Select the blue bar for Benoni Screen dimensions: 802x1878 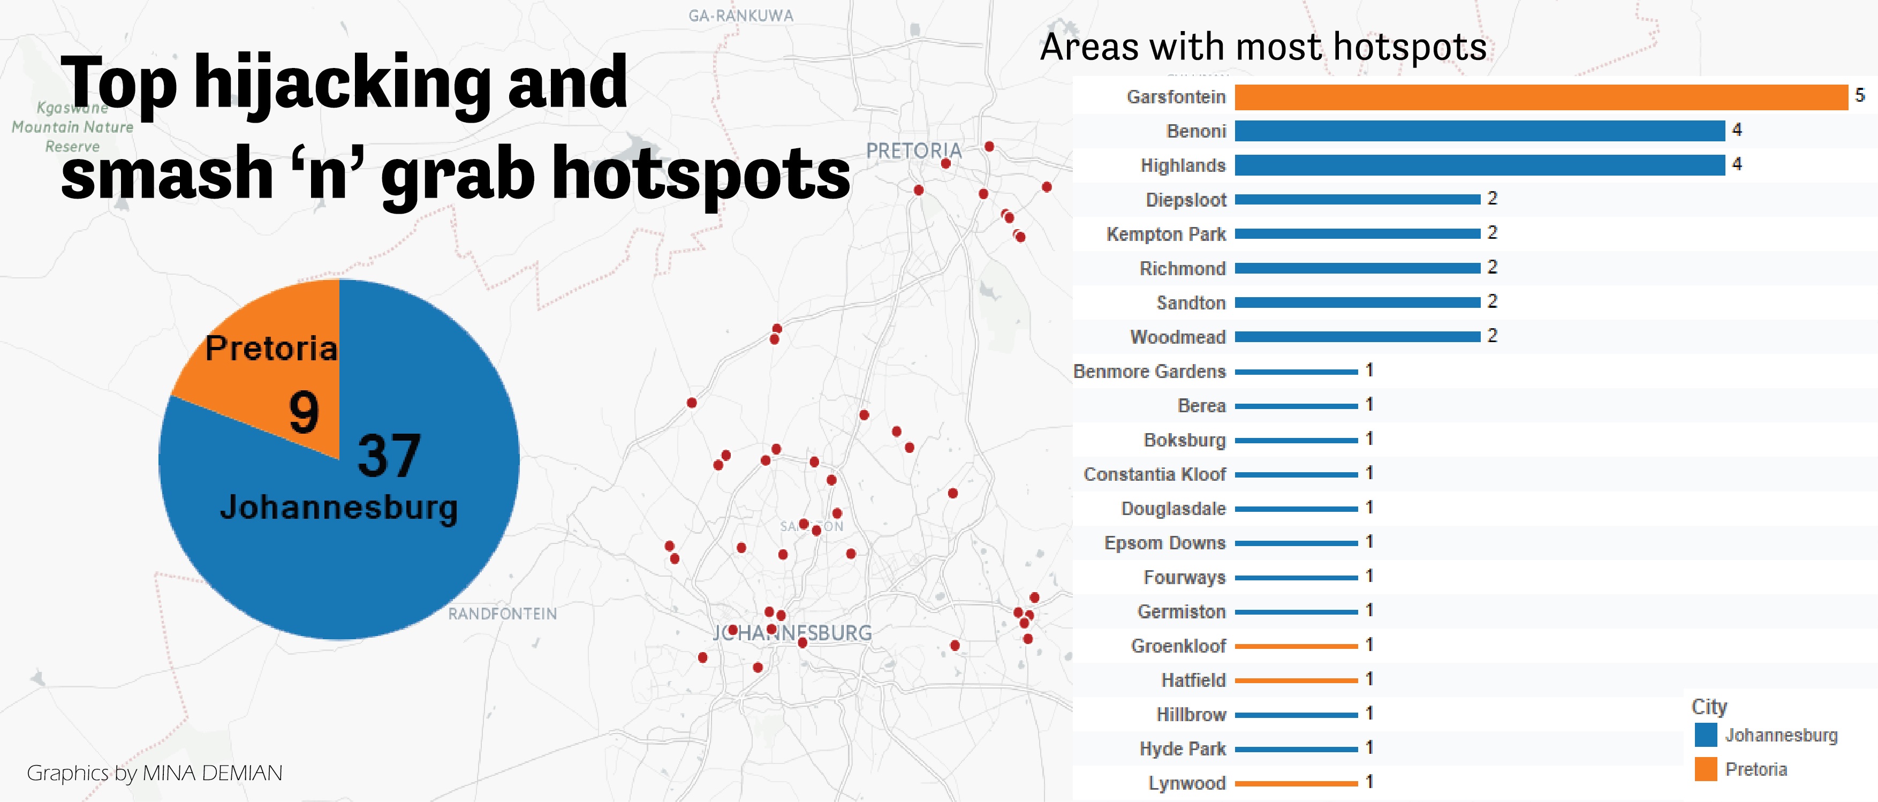point(1479,131)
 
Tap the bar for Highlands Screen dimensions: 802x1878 point(1479,165)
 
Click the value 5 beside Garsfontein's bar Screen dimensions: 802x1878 point(1860,95)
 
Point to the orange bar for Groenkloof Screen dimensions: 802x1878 point(1296,646)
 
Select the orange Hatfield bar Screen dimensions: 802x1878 point(1296,680)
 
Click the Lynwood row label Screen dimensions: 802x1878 point(1187,783)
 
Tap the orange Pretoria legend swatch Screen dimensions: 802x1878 point(1705,769)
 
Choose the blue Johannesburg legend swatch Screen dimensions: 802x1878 point(1705,735)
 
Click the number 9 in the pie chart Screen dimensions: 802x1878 point(304,412)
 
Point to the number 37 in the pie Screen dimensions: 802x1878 point(389,456)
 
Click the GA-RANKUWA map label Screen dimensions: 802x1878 point(741,16)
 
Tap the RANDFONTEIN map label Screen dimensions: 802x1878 point(502,614)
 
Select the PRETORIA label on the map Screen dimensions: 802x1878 point(913,151)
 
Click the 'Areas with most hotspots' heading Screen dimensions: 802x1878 point(1263,48)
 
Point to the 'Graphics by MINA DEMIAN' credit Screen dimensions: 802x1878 point(155,773)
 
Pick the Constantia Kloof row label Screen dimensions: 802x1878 point(1155,475)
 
